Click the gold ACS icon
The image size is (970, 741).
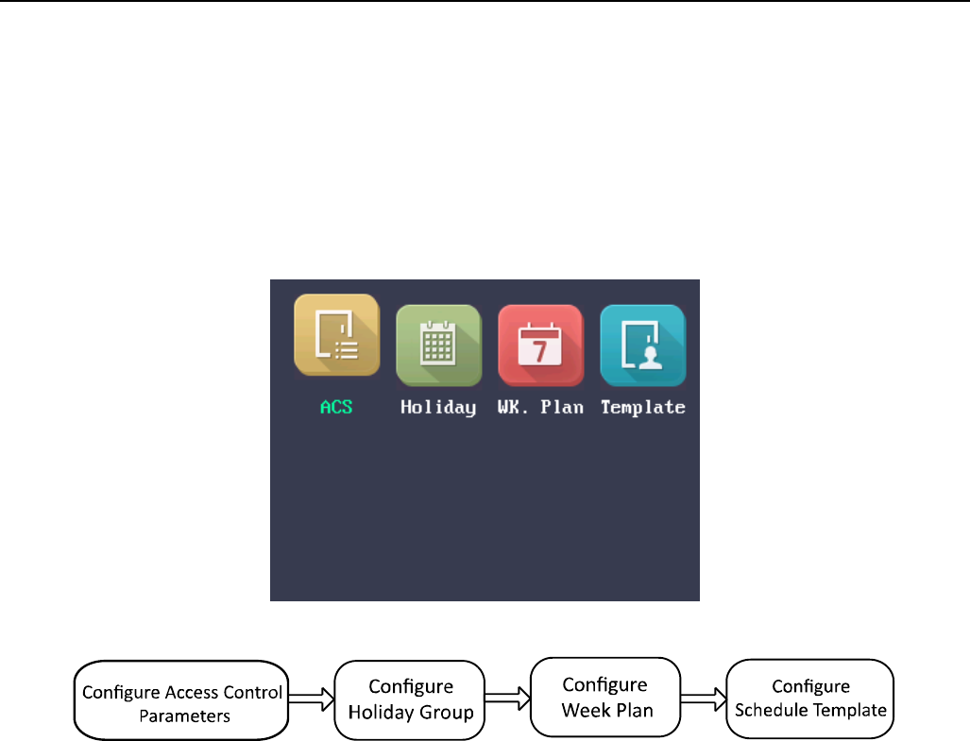(x=336, y=335)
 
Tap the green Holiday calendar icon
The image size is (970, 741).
(x=438, y=345)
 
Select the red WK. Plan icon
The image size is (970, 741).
(x=540, y=345)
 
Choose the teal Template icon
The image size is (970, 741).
(x=643, y=345)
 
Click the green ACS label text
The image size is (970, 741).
(x=336, y=408)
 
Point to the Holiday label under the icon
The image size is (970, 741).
(x=438, y=408)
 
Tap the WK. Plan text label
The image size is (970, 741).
(x=540, y=408)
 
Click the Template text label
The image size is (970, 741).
(x=643, y=408)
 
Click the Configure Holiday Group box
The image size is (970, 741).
(x=410, y=699)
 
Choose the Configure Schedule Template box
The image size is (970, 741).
(x=810, y=699)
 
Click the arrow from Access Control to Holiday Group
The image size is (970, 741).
(x=311, y=701)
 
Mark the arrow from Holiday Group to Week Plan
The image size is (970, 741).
(x=507, y=699)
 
